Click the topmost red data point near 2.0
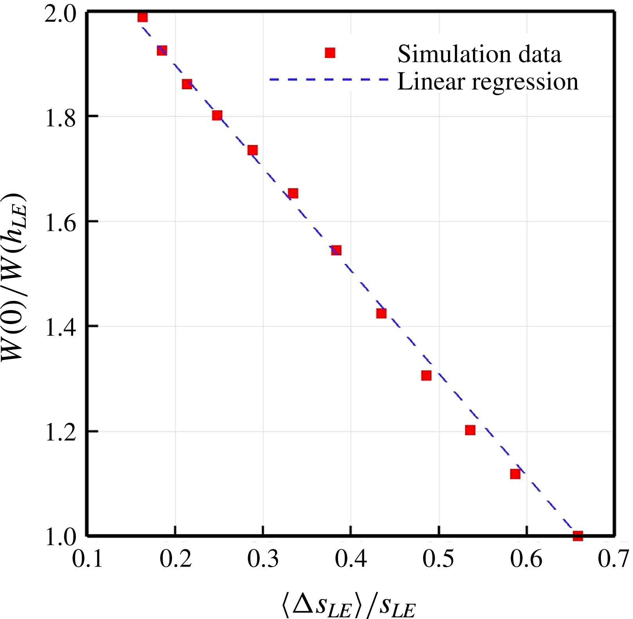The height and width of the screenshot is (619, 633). pos(143,17)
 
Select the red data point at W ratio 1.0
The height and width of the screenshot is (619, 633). pos(578,536)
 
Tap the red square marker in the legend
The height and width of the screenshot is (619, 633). pos(330,53)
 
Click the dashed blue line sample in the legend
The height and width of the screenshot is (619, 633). pos(329,79)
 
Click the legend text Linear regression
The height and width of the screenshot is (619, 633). pos(487,82)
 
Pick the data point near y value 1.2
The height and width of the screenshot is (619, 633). pos(470,430)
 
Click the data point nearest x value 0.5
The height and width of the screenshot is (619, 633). pos(426,376)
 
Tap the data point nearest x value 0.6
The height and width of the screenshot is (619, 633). pos(515,474)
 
